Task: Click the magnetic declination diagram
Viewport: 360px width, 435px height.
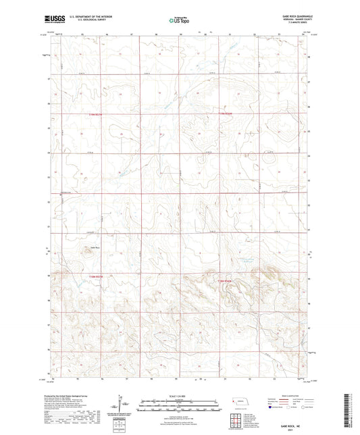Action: coord(126,405)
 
